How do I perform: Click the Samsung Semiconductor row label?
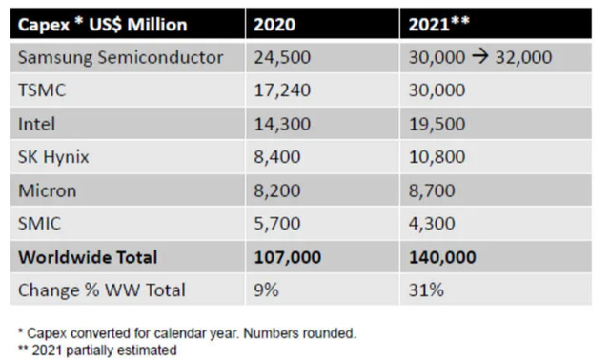[x=121, y=57]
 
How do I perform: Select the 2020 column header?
[x=274, y=25]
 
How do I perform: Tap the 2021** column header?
[x=438, y=24]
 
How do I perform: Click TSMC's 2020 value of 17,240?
[x=282, y=90]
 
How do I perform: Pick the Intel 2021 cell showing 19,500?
[x=437, y=124]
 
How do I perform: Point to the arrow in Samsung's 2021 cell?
[x=480, y=57]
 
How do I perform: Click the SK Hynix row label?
[x=53, y=157]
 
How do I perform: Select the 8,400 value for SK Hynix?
[x=277, y=157]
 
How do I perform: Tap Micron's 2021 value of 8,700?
[x=432, y=190]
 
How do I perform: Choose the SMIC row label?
[x=40, y=224]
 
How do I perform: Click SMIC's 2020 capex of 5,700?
[x=277, y=224]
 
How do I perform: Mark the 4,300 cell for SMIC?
[x=432, y=224]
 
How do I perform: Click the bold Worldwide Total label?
[x=88, y=257]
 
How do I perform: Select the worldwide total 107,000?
[x=288, y=257]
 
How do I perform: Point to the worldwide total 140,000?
[x=442, y=257]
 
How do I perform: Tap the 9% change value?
[x=267, y=290]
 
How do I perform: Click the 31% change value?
[x=426, y=290]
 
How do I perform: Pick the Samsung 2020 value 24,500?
[x=282, y=57]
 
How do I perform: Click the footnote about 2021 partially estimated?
[x=97, y=350]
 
